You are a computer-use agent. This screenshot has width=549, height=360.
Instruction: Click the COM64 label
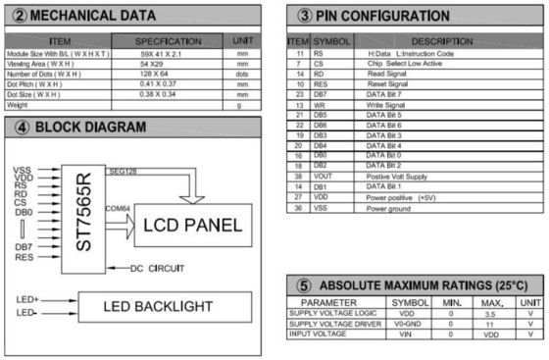tap(119, 209)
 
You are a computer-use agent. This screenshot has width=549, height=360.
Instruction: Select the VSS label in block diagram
tap(23, 171)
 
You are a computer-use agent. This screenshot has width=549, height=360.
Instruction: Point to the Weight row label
tap(19, 105)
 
